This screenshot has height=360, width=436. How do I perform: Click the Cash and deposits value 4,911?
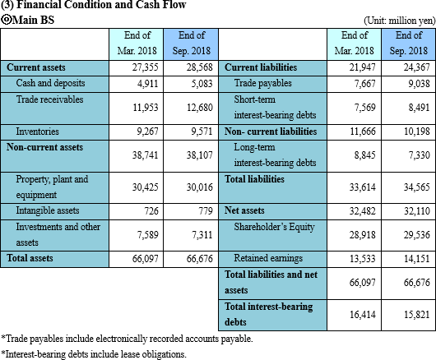[147, 84]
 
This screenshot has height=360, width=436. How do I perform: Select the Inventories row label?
[37, 132]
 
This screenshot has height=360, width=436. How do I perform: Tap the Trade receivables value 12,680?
[200, 108]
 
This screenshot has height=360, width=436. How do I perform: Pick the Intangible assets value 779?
[206, 211]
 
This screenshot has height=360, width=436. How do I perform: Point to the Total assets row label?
[30, 258]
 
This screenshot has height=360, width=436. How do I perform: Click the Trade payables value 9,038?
[419, 84]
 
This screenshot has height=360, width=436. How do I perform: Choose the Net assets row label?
[244, 210]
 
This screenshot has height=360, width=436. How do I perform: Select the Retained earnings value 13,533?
[363, 259]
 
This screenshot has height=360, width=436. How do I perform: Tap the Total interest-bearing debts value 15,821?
[417, 315]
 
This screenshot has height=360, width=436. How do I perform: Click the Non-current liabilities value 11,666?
[363, 132]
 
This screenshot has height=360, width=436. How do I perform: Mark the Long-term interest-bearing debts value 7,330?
[419, 155]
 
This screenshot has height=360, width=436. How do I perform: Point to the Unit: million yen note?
[399, 21]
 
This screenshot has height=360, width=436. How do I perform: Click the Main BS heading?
[27, 20]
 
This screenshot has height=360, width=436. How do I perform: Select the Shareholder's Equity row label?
[274, 227]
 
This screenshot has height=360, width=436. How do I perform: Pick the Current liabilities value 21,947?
[363, 67]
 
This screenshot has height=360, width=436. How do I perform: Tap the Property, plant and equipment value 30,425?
[145, 187]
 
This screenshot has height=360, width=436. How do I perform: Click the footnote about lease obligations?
[94, 354]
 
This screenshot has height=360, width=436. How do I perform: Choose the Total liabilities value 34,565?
[417, 187]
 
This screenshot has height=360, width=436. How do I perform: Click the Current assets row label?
[36, 67]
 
